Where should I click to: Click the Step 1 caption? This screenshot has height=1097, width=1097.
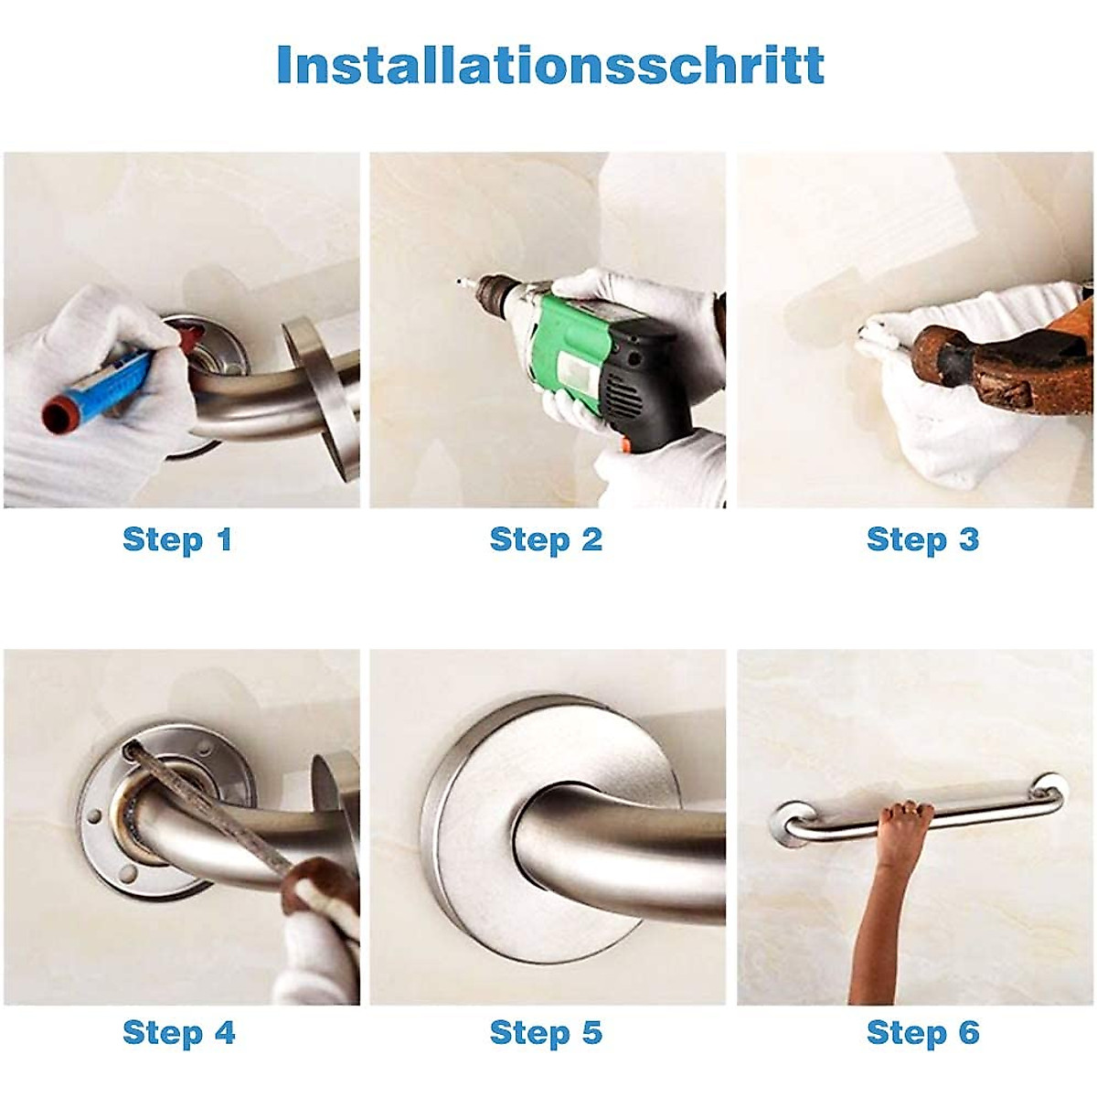(177, 539)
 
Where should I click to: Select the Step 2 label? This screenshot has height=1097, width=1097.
(546, 539)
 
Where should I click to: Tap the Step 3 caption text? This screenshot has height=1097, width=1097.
(921, 539)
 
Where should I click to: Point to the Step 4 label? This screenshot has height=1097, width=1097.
(178, 1033)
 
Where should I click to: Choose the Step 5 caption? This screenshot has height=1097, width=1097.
(546, 1033)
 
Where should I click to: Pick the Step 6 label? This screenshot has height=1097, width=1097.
(921, 1033)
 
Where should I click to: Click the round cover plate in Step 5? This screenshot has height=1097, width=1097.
(485, 823)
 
